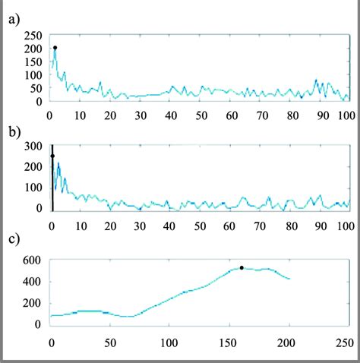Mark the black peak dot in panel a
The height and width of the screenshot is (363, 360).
[55, 48]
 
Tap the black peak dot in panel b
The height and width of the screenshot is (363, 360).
[52, 156]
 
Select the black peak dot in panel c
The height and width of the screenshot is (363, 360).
[242, 267]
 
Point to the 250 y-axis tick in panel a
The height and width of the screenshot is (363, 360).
[33, 36]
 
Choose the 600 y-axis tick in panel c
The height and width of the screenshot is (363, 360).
[33, 260]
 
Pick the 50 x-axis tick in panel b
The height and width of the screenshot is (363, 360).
[201, 226]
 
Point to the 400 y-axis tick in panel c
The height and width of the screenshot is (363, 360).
[33, 282]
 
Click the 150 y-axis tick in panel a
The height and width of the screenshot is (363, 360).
[33, 62]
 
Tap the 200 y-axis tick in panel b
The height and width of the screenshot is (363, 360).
[33, 166]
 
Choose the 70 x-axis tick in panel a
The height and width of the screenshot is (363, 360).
[261, 116]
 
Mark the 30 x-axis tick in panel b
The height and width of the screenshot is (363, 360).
[141, 226]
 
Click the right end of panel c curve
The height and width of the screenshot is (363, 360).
[290, 279]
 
